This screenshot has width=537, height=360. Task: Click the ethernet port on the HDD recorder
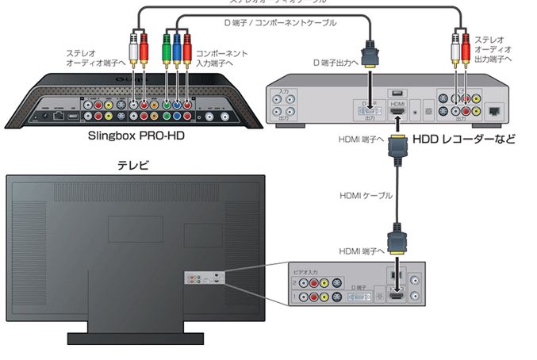click(x=497, y=112)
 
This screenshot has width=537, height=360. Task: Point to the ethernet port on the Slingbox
click(x=60, y=115)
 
